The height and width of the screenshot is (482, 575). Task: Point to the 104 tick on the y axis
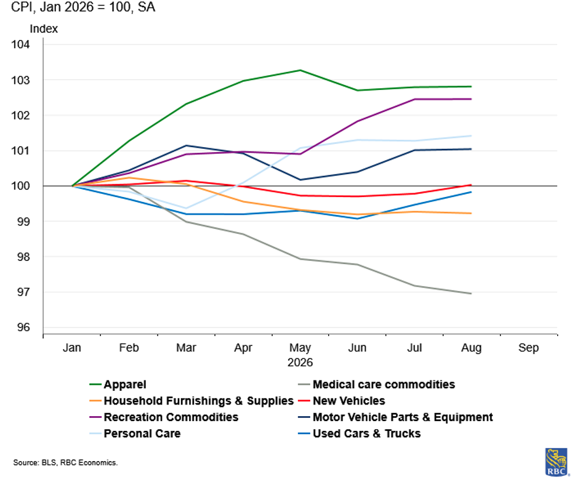click(x=20, y=44)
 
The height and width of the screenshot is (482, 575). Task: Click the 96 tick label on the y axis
click(x=23, y=327)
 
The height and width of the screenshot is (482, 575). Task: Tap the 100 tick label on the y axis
click(x=20, y=186)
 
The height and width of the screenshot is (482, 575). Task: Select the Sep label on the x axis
click(x=528, y=347)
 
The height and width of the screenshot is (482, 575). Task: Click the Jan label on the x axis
click(x=71, y=347)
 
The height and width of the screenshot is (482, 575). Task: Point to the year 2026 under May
click(x=300, y=363)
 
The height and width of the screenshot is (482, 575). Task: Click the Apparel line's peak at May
click(x=300, y=70)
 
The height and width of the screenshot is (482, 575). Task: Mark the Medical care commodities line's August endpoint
click(x=471, y=293)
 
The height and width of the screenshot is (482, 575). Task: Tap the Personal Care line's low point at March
click(x=187, y=208)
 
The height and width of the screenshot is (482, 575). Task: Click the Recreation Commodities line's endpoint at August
click(x=471, y=99)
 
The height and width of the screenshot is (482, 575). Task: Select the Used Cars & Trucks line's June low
click(x=357, y=219)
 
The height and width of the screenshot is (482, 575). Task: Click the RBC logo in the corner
click(x=557, y=462)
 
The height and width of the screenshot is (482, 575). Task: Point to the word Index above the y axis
click(x=44, y=28)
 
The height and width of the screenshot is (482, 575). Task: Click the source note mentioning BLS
click(x=65, y=462)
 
